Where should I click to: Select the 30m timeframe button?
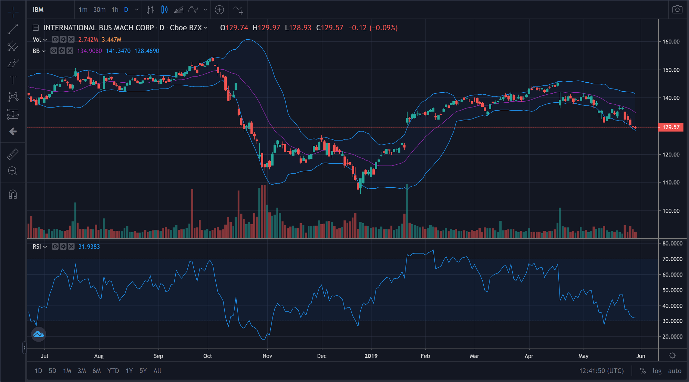(x=99, y=10)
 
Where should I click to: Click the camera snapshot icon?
(x=677, y=10)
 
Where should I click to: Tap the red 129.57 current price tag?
(x=671, y=127)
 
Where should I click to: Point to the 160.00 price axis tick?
(x=671, y=42)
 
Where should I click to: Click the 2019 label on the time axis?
(x=371, y=356)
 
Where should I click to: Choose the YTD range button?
(x=113, y=371)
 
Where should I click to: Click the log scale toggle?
(x=657, y=371)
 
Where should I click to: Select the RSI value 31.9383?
(x=89, y=247)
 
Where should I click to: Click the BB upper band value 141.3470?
(x=118, y=51)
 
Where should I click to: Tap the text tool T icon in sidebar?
(x=13, y=80)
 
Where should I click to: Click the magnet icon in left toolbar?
(x=13, y=195)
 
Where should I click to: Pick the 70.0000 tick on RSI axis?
(x=672, y=259)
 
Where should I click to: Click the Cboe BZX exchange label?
(x=186, y=28)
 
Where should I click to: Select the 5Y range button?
(x=143, y=371)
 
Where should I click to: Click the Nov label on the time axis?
(x=267, y=356)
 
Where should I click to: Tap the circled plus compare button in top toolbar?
(x=219, y=10)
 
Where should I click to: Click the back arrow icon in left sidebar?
(x=13, y=131)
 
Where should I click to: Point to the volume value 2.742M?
(x=88, y=40)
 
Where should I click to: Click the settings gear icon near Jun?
(x=672, y=355)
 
